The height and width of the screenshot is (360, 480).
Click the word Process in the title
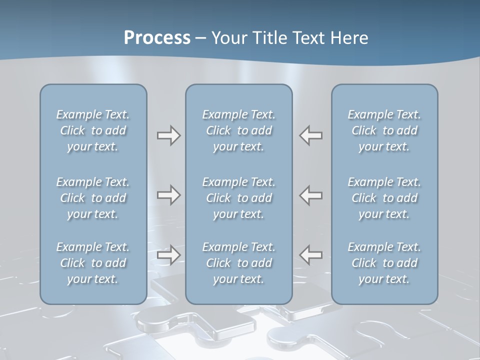pos(157,38)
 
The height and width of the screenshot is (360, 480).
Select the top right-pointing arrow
pos(168,135)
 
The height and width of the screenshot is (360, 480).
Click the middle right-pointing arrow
pos(168,195)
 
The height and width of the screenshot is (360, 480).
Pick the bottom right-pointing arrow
pos(168,255)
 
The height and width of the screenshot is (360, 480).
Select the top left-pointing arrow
pos(311,135)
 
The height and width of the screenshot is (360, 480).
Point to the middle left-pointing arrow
pos(311,195)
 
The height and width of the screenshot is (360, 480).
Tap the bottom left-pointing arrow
pos(311,255)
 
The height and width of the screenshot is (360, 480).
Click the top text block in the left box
pos(93,130)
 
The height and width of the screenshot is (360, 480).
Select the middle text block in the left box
pos(93,198)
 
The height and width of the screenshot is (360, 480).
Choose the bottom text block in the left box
pos(93,263)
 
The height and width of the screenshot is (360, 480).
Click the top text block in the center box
pos(238,130)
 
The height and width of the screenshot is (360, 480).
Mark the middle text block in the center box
pos(238,198)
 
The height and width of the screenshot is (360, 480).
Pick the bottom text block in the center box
pos(238,263)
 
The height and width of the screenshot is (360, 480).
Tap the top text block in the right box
pos(384,130)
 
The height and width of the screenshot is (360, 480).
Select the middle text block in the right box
pos(384,198)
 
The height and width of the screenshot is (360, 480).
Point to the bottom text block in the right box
pos(384,263)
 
